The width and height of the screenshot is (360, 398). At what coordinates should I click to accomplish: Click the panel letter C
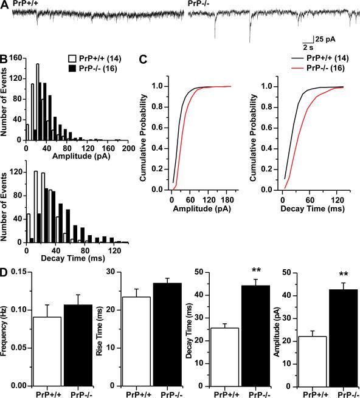(144, 60)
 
